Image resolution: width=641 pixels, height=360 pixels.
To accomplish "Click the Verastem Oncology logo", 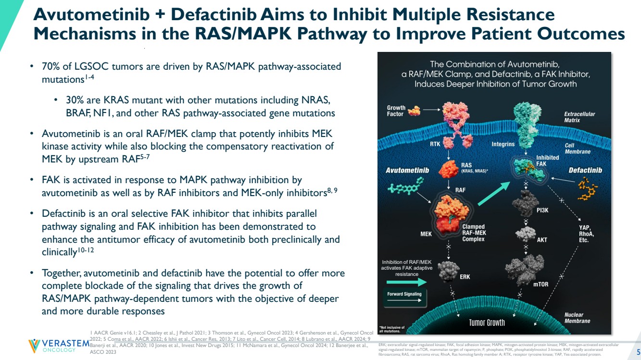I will click(x=58, y=346).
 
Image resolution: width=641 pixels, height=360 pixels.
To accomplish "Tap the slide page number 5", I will click(x=637, y=350).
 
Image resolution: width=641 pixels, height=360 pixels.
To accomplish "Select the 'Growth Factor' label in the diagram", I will click(x=396, y=111).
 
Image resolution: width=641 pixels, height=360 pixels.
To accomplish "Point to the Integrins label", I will click(x=503, y=144).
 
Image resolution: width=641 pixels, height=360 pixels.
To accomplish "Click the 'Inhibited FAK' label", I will click(x=547, y=161).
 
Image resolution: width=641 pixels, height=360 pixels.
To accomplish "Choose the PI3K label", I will click(x=545, y=210).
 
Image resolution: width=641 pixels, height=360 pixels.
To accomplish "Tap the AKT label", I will click(x=542, y=239).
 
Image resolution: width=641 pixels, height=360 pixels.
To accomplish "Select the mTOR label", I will click(x=540, y=284).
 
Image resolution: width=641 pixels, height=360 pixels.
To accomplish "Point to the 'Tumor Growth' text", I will click(x=487, y=322).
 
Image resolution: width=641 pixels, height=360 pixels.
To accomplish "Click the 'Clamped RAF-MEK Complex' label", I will click(x=473, y=234).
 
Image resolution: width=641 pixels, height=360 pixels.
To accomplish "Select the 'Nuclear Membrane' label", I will click(x=577, y=318).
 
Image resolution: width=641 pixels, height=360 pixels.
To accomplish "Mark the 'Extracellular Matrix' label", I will click(x=579, y=117).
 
